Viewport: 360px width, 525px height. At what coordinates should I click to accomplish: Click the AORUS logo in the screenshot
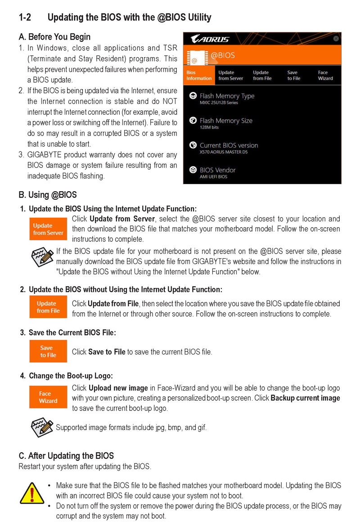tap(210, 39)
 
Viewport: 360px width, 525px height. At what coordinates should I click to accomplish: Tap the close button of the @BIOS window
tap(336, 39)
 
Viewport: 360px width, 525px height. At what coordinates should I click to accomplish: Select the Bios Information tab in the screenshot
tap(199, 75)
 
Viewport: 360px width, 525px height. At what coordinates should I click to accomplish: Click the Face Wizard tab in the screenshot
tap(325, 75)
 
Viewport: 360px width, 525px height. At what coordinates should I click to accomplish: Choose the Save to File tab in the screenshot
tap(293, 75)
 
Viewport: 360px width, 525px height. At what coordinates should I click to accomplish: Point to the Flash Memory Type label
tap(227, 96)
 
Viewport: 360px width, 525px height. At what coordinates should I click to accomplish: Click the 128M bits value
tap(209, 127)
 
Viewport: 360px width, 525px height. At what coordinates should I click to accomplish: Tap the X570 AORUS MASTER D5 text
tap(224, 152)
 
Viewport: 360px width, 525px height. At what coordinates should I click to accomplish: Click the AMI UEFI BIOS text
tap(213, 177)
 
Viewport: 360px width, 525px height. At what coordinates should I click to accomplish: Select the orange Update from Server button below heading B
tap(48, 229)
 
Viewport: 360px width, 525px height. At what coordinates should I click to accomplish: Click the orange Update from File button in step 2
tap(48, 307)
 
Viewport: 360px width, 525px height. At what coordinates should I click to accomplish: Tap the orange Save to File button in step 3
tap(48, 351)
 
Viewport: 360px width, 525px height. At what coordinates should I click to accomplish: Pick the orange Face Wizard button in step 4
tap(48, 397)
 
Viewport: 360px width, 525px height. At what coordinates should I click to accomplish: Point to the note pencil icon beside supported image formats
tap(42, 426)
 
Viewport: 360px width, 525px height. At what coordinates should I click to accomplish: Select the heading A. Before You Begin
tap(54, 37)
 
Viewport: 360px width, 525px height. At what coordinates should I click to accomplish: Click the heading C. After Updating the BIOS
tap(66, 456)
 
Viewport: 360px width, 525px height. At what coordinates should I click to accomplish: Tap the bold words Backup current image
tap(305, 398)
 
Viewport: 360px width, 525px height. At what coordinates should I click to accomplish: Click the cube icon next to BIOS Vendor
tap(193, 170)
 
